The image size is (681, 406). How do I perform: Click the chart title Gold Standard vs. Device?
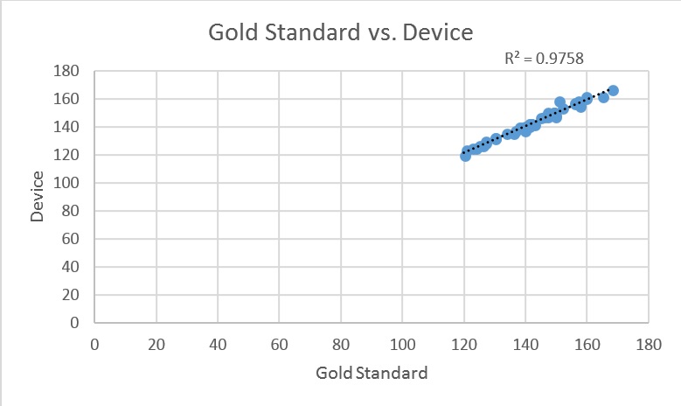click(340, 33)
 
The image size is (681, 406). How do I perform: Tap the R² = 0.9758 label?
click(544, 59)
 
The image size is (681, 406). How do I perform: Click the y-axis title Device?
click(38, 197)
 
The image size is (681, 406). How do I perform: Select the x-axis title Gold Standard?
click(372, 374)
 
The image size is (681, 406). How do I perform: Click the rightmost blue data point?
click(613, 91)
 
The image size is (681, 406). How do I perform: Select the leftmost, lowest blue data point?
click(465, 156)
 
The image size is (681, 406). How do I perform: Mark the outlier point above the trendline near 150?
click(560, 102)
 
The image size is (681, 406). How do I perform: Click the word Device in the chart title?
click(439, 33)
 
